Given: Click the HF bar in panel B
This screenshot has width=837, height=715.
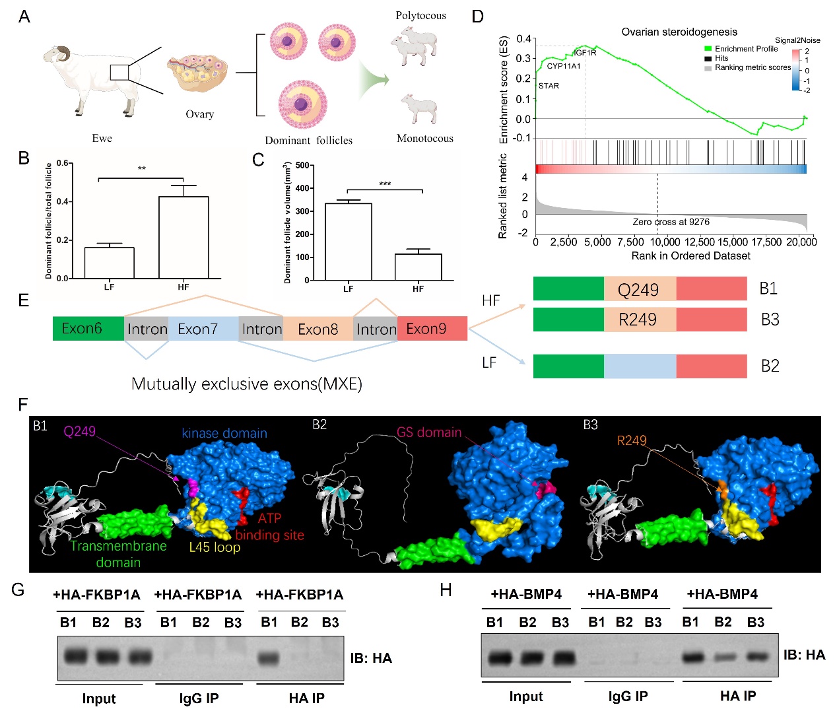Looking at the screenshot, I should [x=184, y=237].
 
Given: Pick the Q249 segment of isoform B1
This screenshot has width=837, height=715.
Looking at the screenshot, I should [x=639, y=290].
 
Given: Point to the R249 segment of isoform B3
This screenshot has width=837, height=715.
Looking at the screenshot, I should [x=639, y=320].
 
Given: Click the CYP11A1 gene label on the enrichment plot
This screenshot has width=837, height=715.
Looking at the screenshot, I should [x=564, y=66].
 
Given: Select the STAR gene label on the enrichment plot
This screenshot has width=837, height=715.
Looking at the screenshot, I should [x=549, y=86].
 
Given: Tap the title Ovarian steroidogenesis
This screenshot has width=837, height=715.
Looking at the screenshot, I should [x=679, y=32].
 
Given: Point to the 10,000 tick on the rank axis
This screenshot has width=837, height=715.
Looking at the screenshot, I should [x=665, y=242].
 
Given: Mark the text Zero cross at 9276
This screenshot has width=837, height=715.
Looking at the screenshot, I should [x=671, y=222].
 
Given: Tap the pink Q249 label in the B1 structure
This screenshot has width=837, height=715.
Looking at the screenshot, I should [x=80, y=431].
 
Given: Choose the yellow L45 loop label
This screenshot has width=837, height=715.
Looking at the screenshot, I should [x=215, y=547].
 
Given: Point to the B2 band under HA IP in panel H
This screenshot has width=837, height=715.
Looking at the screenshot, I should [x=723, y=657].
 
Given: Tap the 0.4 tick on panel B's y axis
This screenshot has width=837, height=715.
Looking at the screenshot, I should [x=64, y=201].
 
